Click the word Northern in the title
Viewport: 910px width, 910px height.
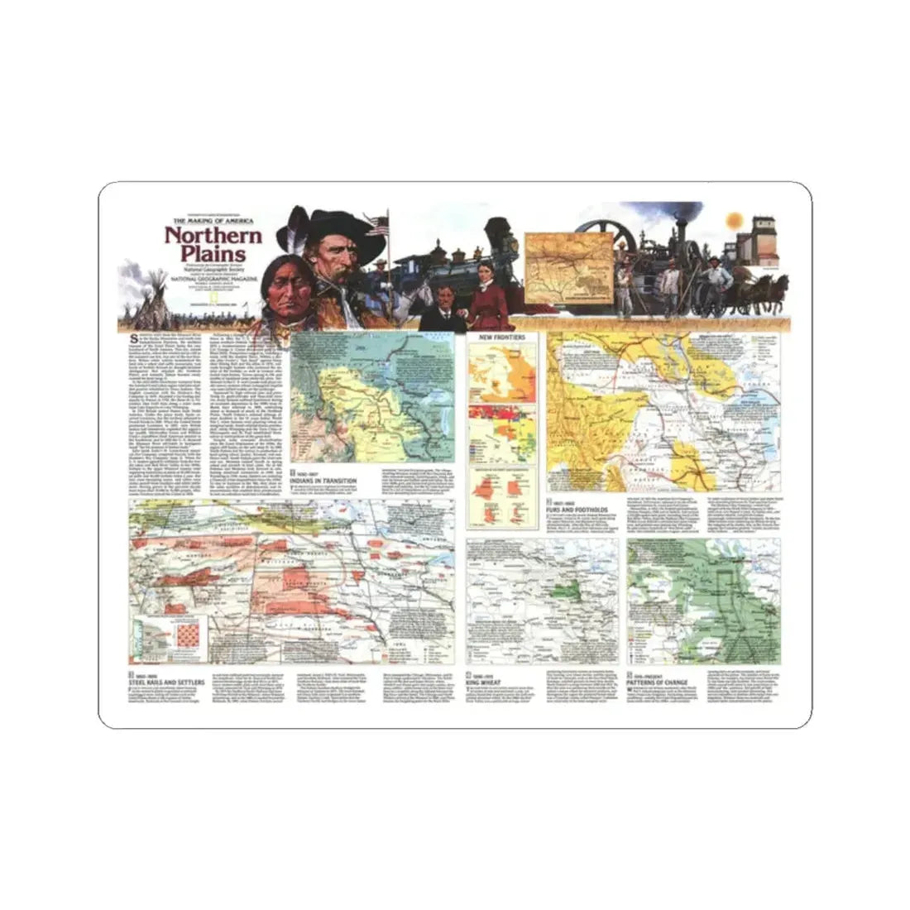[213, 235]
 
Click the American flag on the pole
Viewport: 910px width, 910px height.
[379, 224]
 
